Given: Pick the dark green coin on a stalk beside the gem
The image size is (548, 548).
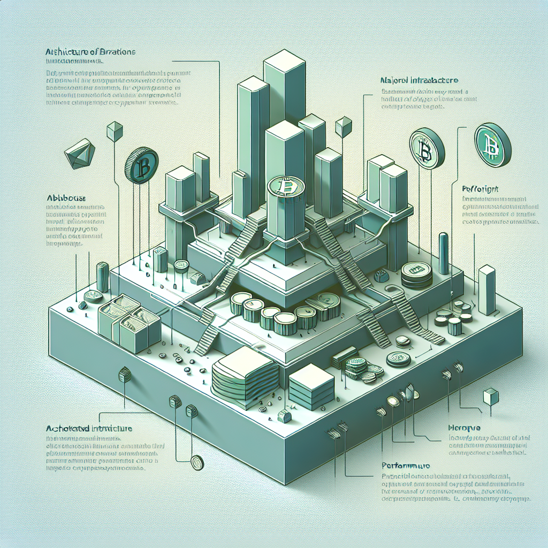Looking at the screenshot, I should (141, 166).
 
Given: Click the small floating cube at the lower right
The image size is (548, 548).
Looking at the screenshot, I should (490, 397).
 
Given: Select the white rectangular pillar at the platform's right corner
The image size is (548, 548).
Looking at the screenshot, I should (486, 290).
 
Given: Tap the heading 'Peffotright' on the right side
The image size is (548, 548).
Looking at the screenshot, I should (480, 188).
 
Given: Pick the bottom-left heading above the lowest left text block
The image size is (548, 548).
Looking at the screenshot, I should (87, 429).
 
